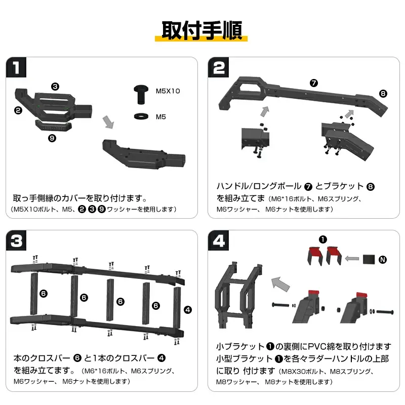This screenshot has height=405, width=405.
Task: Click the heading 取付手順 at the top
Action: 201,30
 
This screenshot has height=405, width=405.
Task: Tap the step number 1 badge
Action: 16,67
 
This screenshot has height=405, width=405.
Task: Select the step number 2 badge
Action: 218,67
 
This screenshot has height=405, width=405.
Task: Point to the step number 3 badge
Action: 16,240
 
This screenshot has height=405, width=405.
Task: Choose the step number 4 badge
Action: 218,240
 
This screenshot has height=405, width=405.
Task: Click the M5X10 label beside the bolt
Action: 168,91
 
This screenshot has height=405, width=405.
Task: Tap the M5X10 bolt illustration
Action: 141,95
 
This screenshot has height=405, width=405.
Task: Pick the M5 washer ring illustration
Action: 141,116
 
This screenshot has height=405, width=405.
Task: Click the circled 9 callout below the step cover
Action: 52,138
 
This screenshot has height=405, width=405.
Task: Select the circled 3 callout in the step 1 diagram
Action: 55,86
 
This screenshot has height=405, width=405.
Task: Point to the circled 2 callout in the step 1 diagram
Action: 18,110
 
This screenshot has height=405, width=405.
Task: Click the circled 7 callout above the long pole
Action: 313,83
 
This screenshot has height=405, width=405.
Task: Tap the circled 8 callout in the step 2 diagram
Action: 383,94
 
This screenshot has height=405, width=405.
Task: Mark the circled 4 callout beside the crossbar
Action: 188,310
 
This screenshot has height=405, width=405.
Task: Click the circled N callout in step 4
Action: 383,260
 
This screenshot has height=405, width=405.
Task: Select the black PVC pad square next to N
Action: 369,259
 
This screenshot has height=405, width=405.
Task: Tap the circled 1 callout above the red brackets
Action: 322,239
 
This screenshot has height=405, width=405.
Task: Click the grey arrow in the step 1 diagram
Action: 108,122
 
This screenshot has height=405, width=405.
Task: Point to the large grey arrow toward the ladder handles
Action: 281,284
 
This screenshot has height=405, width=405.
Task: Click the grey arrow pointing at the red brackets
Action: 352,258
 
